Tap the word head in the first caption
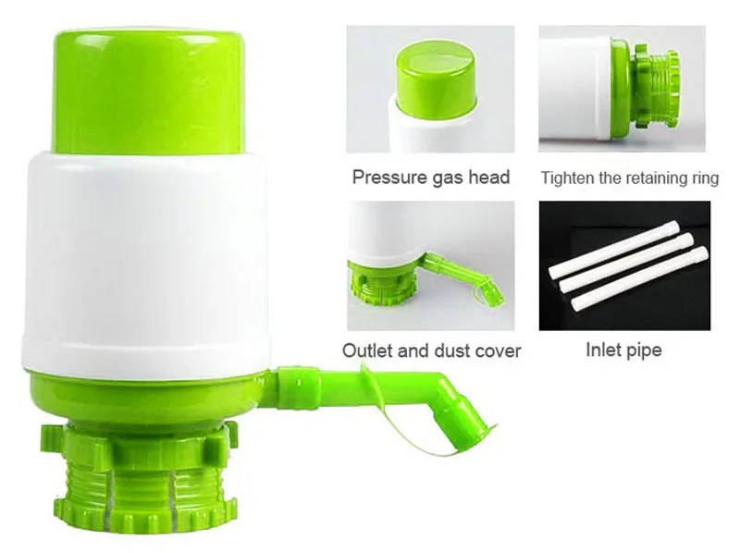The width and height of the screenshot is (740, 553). click(487, 178)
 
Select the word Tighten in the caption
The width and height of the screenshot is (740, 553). click(568, 178)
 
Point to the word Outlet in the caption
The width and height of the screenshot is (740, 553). click(367, 351)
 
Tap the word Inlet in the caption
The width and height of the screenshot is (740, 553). click(603, 350)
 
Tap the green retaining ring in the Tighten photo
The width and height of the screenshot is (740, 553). click(655, 89)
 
